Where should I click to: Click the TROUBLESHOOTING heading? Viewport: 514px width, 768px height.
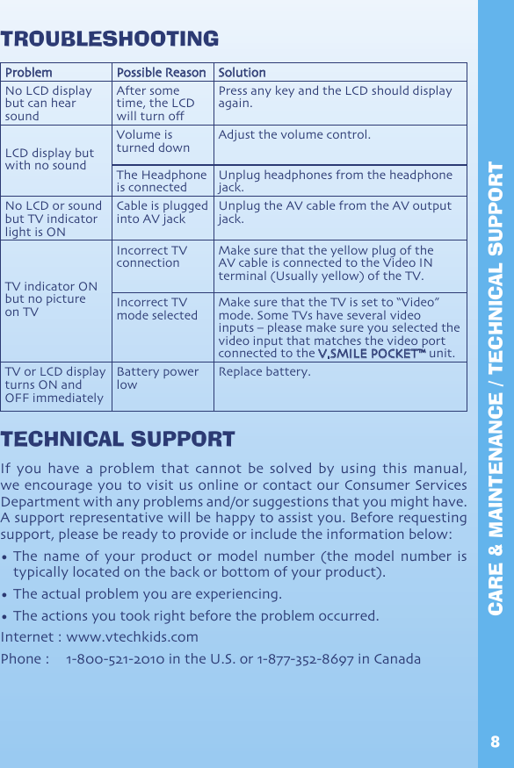click(x=110, y=39)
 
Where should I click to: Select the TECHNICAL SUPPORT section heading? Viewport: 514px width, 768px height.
click(x=118, y=439)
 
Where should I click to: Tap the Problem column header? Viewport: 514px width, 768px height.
click(x=28, y=73)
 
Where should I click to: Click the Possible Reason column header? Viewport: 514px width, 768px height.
click(x=162, y=73)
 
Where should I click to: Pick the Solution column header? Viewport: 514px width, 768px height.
click(x=242, y=73)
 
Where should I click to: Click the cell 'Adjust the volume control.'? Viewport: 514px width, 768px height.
click(x=294, y=135)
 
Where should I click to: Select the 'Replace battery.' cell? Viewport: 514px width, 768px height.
click(x=264, y=372)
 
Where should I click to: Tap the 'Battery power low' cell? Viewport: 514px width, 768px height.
click(x=157, y=378)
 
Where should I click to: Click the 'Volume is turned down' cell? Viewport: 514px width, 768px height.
click(x=153, y=141)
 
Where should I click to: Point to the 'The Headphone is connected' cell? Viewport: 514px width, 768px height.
click(x=162, y=181)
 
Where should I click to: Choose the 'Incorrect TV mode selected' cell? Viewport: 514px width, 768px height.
click(x=157, y=309)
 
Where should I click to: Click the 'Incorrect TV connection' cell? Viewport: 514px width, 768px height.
click(x=151, y=256)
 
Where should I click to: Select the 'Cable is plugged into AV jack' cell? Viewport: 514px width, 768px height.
click(x=162, y=212)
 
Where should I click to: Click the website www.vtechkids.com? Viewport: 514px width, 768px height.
click(x=133, y=636)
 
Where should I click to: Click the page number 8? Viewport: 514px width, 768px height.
click(x=496, y=743)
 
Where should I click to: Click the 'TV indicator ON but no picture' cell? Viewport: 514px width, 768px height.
click(x=51, y=299)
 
